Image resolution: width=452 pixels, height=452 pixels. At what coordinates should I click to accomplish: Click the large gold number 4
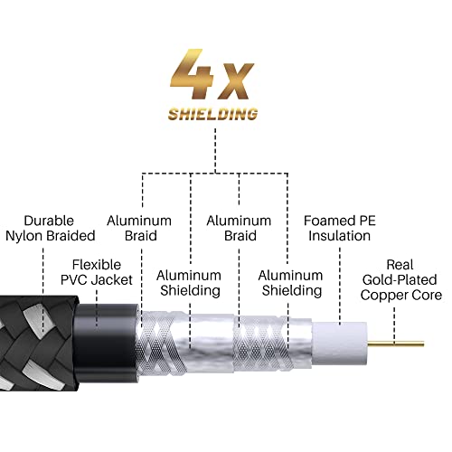click(194, 72)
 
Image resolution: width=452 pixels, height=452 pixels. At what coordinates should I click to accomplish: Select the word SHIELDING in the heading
click(213, 115)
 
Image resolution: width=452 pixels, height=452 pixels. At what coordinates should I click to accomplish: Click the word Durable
click(49, 221)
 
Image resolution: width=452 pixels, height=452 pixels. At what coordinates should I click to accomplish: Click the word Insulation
click(337, 236)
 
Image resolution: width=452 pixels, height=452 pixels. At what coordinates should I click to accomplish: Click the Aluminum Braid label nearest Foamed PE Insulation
click(239, 228)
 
